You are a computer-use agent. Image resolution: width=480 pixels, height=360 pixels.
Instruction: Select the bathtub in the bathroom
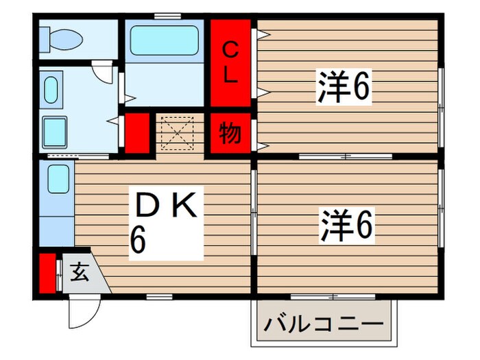(x=164, y=40)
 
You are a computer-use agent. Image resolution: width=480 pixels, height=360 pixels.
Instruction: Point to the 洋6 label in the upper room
(x=343, y=88)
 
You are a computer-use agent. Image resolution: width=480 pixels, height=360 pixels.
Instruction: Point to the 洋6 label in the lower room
(x=346, y=226)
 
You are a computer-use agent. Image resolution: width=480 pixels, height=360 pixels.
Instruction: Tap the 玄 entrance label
(x=80, y=273)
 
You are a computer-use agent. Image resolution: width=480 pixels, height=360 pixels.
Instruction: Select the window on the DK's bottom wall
(x=158, y=296)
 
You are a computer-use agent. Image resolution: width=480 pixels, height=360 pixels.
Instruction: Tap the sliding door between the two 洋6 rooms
(x=347, y=157)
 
